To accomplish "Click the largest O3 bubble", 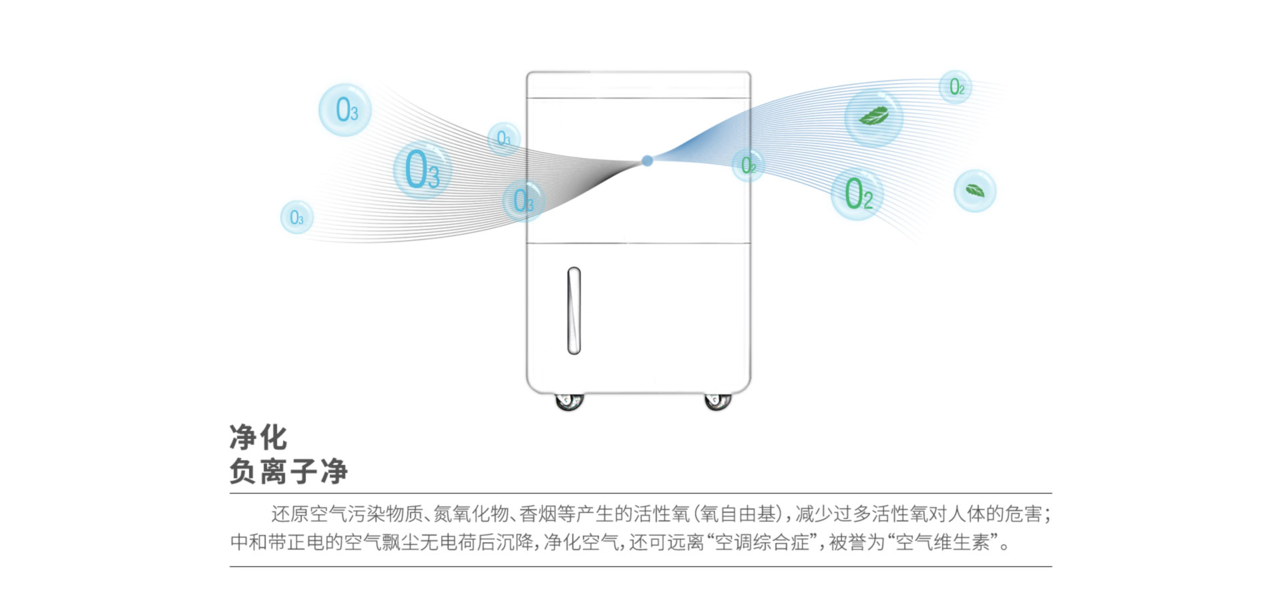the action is [422, 170].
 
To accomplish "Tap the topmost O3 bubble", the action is [345, 110].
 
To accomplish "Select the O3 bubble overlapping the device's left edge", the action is [523, 201].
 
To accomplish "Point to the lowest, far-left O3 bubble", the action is [297, 217].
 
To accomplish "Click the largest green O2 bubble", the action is [857, 193].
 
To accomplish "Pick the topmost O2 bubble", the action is [955, 87].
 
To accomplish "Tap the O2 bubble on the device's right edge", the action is [749, 165].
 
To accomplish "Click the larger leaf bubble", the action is [874, 117].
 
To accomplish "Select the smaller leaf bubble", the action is [975, 191].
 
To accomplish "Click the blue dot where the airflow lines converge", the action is [647, 161].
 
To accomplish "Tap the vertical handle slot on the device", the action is [574, 311].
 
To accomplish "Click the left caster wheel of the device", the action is [570, 401].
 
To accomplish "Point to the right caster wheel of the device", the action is [718, 401].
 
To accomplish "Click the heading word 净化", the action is [258, 438].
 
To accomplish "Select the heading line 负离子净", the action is [288, 471].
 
